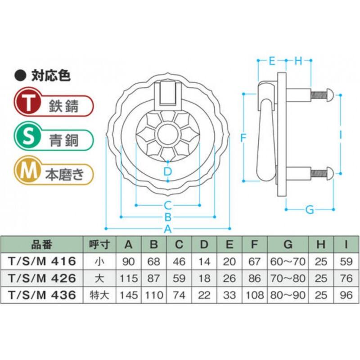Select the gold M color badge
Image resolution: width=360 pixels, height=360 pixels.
(x=27, y=171)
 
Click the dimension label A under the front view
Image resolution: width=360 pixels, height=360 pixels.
(x=168, y=229)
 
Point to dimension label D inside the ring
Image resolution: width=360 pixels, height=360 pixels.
(x=168, y=171)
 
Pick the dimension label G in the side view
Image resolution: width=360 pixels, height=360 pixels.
(x=310, y=210)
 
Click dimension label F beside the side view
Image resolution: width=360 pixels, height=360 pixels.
(x=243, y=138)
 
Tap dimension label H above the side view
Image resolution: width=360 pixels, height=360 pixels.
(x=298, y=61)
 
